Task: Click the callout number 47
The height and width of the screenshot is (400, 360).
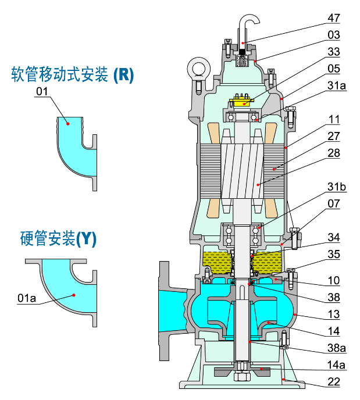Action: tap(334, 17)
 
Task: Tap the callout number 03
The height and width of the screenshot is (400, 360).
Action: tap(334, 35)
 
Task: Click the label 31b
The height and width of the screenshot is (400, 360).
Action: tap(336, 187)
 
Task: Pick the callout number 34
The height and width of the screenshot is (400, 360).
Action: tap(334, 237)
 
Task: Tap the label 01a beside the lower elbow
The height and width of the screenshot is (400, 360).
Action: tap(27, 298)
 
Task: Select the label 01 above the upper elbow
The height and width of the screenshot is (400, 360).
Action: tap(41, 91)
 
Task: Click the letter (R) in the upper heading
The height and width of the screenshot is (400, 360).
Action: tap(123, 74)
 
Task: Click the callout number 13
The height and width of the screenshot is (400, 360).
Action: tap(334, 314)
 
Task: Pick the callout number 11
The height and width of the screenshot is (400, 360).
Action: tap(334, 119)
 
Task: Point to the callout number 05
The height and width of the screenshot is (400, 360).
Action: tap(334, 69)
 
